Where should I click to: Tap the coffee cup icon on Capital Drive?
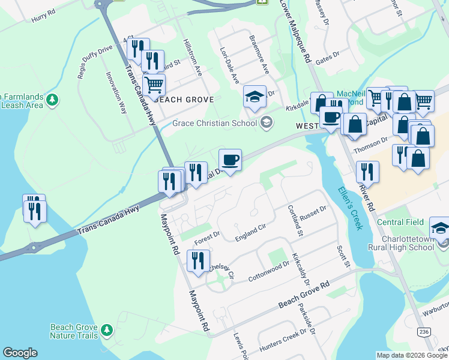tap(230, 160)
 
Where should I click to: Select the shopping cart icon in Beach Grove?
tap(154, 85)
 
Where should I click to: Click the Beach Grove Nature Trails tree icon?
tap(107, 330)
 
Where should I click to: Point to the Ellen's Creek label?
tap(350, 208)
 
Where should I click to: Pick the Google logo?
tap(20, 353)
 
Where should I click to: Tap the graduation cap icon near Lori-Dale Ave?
tap(255, 97)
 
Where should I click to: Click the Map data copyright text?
tap(411, 355)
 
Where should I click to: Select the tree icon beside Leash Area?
tap(53, 100)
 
